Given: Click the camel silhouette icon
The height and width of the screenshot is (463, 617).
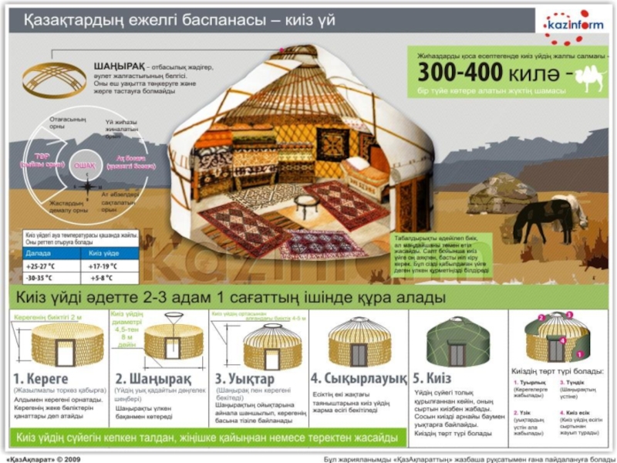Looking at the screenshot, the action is click(x=589, y=76).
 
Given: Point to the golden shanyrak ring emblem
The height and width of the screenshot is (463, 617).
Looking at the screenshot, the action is click(x=54, y=76).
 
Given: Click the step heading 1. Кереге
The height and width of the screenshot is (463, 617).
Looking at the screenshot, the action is click(x=42, y=379).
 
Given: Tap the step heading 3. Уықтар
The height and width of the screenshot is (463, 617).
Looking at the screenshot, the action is click(x=245, y=379).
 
